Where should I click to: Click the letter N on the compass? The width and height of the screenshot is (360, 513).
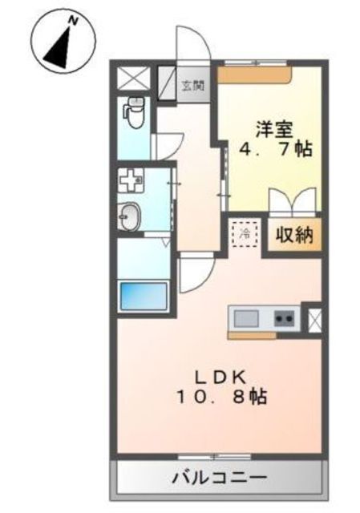(x=74, y=22)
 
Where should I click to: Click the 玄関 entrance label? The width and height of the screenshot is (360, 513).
(x=193, y=86)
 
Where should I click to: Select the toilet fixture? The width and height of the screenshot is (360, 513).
(x=134, y=112)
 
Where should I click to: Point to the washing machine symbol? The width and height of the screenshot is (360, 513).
(x=131, y=180)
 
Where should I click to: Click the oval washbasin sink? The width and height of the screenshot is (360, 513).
(x=130, y=216)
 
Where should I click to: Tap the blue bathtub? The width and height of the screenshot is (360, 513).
(x=144, y=297)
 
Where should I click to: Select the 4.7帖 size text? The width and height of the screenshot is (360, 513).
(x=276, y=150)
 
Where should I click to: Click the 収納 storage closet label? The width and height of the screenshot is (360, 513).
(x=294, y=235)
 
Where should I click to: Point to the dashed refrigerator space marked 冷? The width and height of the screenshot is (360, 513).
(x=245, y=233)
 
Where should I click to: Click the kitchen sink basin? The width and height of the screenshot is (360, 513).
(x=246, y=318)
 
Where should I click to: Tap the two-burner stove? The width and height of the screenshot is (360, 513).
(x=284, y=318)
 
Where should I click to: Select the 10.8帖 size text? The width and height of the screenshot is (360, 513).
(x=222, y=397)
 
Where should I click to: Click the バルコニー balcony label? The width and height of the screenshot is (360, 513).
(x=220, y=479)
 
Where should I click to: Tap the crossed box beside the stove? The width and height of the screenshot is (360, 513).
(x=315, y=321)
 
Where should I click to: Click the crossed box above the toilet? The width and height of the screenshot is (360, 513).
(x=134, y=78)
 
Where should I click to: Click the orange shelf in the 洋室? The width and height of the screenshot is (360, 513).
(x=255, y=75)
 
